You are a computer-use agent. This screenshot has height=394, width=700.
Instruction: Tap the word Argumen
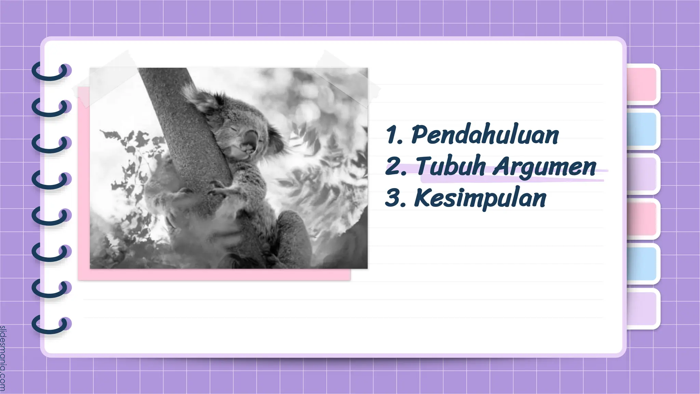pyautogui.click(x=544, y=167)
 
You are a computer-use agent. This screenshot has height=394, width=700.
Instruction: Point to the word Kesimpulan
pyautogui.click(x=480, y=198)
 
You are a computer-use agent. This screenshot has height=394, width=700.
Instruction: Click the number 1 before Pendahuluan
pyautogui.click(x=391, y=135)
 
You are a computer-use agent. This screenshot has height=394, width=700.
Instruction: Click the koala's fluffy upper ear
pyautogui.click(x=202, y=97)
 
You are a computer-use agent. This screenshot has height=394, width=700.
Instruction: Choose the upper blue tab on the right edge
pyautogui.click(x=642, y=129)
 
